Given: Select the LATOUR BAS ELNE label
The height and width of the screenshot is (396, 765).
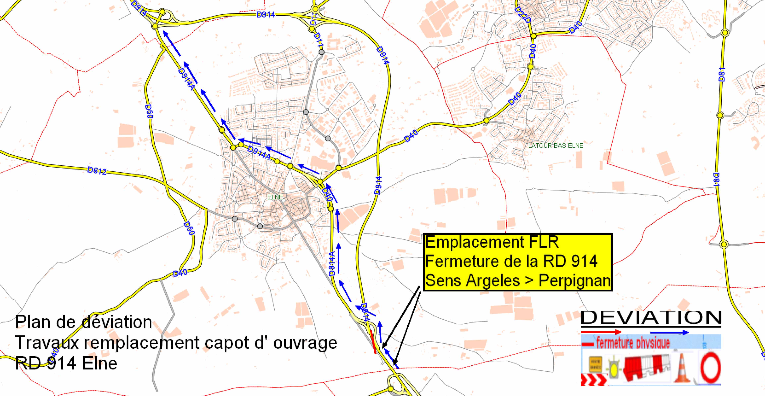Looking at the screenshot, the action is tap(556, 146).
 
